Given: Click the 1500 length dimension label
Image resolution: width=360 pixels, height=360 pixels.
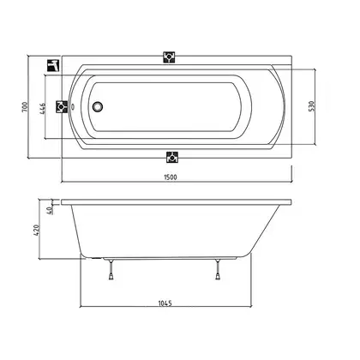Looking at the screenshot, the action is point(171,177).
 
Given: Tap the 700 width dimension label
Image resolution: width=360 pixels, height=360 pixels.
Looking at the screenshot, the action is point(26,107).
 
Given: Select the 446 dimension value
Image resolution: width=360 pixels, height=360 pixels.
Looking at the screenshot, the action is point(42,109).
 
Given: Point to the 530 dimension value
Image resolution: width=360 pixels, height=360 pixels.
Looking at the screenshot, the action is point(312,106).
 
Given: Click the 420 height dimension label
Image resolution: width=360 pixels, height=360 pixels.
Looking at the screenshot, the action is point(37,231).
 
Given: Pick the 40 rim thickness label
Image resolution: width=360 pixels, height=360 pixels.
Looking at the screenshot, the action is point(49,210).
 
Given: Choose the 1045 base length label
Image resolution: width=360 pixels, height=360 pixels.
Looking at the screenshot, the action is point(165,303).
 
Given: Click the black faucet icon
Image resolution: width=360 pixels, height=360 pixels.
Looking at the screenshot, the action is point(53,66).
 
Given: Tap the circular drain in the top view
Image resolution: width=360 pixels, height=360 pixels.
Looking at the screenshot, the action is point(97,107).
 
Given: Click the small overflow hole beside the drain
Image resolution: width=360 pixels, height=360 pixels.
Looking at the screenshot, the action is point(73,107).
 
